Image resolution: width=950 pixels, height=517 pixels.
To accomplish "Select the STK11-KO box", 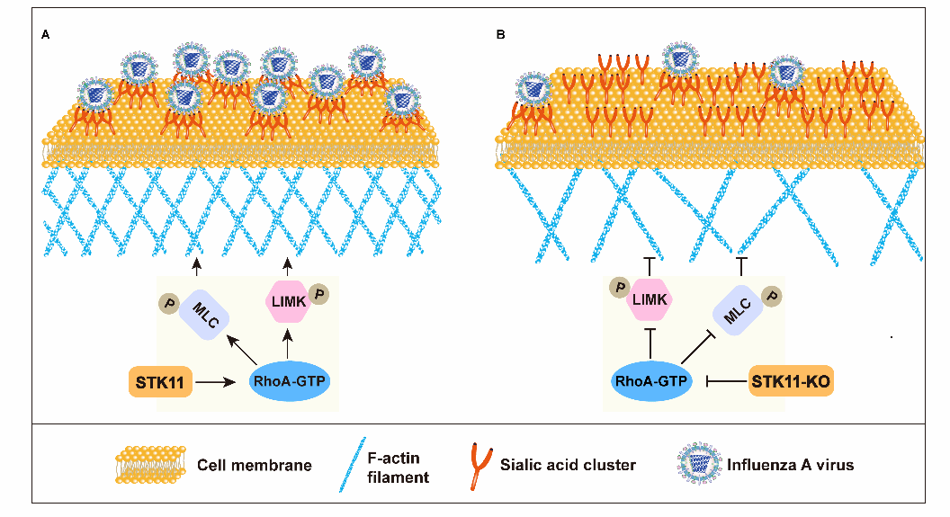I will (790, 382).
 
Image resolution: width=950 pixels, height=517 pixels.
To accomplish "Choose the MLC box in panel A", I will (204, 319).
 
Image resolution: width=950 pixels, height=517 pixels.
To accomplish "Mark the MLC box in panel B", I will (739, 314).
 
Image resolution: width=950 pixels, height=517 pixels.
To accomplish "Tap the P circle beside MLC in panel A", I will (166, 305).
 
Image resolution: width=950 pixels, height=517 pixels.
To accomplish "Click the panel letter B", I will (500, 35).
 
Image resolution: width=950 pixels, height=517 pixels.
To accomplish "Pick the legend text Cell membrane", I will (255, 465).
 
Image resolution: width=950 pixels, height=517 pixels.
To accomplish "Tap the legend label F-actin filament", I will (399, 466).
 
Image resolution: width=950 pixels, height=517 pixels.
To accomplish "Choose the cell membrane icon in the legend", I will (149, 465).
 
